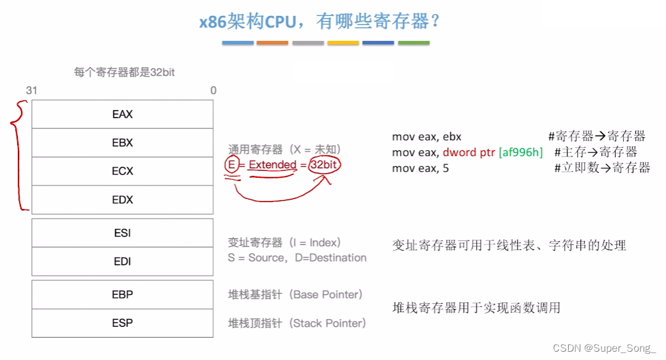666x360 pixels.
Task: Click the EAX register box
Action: click(x=122, y=114)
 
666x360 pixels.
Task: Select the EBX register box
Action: click(x=122, y=143)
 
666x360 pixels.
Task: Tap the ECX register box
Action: click(x=122, y=171)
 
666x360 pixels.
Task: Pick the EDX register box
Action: click(x=122, y=200)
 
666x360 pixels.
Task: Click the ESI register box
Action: click(x=122, y=233)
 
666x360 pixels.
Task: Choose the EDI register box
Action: click(x=122, y=262)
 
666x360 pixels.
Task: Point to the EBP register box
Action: click(x=122, y=295)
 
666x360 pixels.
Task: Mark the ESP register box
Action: click(x=122, y=323)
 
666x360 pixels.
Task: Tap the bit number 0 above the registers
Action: click(x=213, y=91)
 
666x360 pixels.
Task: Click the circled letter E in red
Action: click(x=231, y=165)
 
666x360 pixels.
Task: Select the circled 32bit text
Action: click(x=325, y=165)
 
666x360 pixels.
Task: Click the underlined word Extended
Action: click(x=272, y=165)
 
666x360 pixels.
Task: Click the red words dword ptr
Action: click(x=469, y=152)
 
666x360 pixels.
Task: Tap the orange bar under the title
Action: click(x=272, y=43)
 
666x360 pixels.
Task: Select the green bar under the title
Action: click(x=414, y=43)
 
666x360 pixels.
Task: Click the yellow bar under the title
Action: click(x=343, y=43)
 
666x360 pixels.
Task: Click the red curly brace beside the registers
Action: click(x=19, y=157)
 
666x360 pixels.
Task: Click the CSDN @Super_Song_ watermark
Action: click(x=605, y=348)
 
